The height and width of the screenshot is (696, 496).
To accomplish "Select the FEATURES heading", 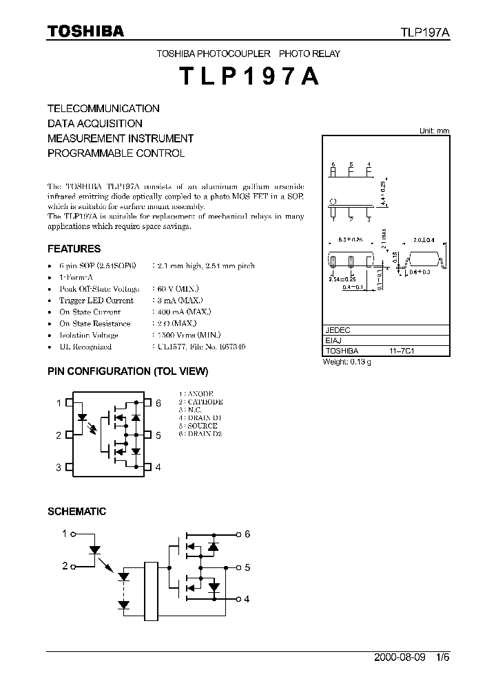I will point(74,249).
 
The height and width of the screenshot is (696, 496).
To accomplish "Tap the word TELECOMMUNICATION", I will point(103,109).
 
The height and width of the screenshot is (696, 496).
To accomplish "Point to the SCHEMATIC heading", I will point(76,512).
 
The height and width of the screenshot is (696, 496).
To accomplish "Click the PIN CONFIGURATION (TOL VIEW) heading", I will point(127,371).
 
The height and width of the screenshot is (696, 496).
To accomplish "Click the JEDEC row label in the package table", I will point(338,330).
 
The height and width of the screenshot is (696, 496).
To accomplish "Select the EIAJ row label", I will point(333,340).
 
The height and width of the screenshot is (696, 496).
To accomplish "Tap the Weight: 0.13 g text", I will point(347,362).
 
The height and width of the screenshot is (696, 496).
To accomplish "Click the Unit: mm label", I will point(434,131).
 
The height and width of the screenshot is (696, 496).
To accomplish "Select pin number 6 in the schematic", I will point(247,534).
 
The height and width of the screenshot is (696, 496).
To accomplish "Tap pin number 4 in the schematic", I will point(247,599).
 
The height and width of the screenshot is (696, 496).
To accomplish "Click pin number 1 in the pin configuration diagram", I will point(59,403).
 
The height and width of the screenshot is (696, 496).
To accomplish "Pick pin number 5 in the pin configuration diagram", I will point(158,435).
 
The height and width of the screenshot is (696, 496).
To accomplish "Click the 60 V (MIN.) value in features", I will point(174,290).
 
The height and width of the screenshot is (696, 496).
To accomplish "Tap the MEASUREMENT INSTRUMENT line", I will point(121,138).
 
